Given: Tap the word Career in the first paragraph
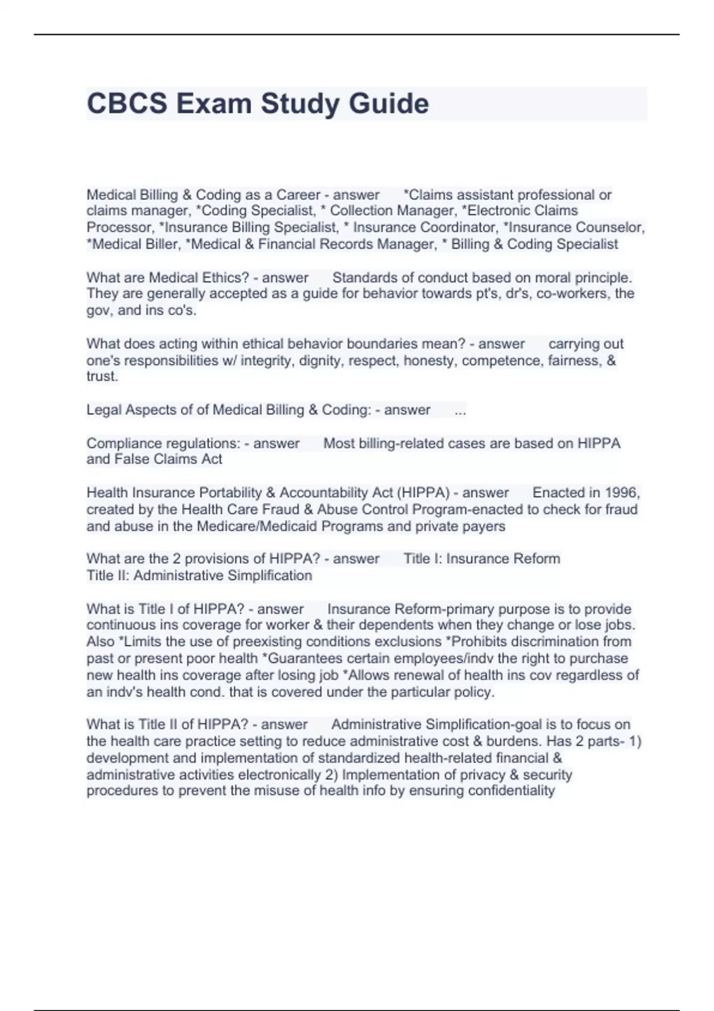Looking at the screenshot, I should point(298,194).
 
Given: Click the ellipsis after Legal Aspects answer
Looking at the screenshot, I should point(460,410).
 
